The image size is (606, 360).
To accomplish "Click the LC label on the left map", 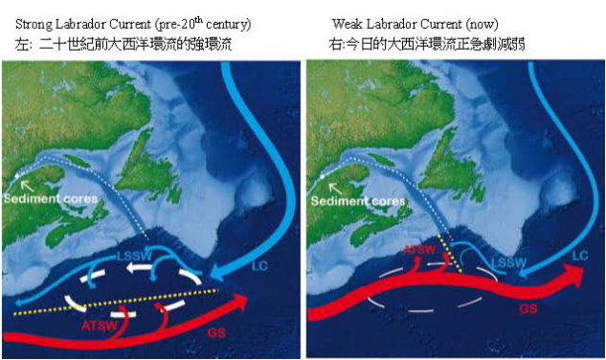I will (259, 262).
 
